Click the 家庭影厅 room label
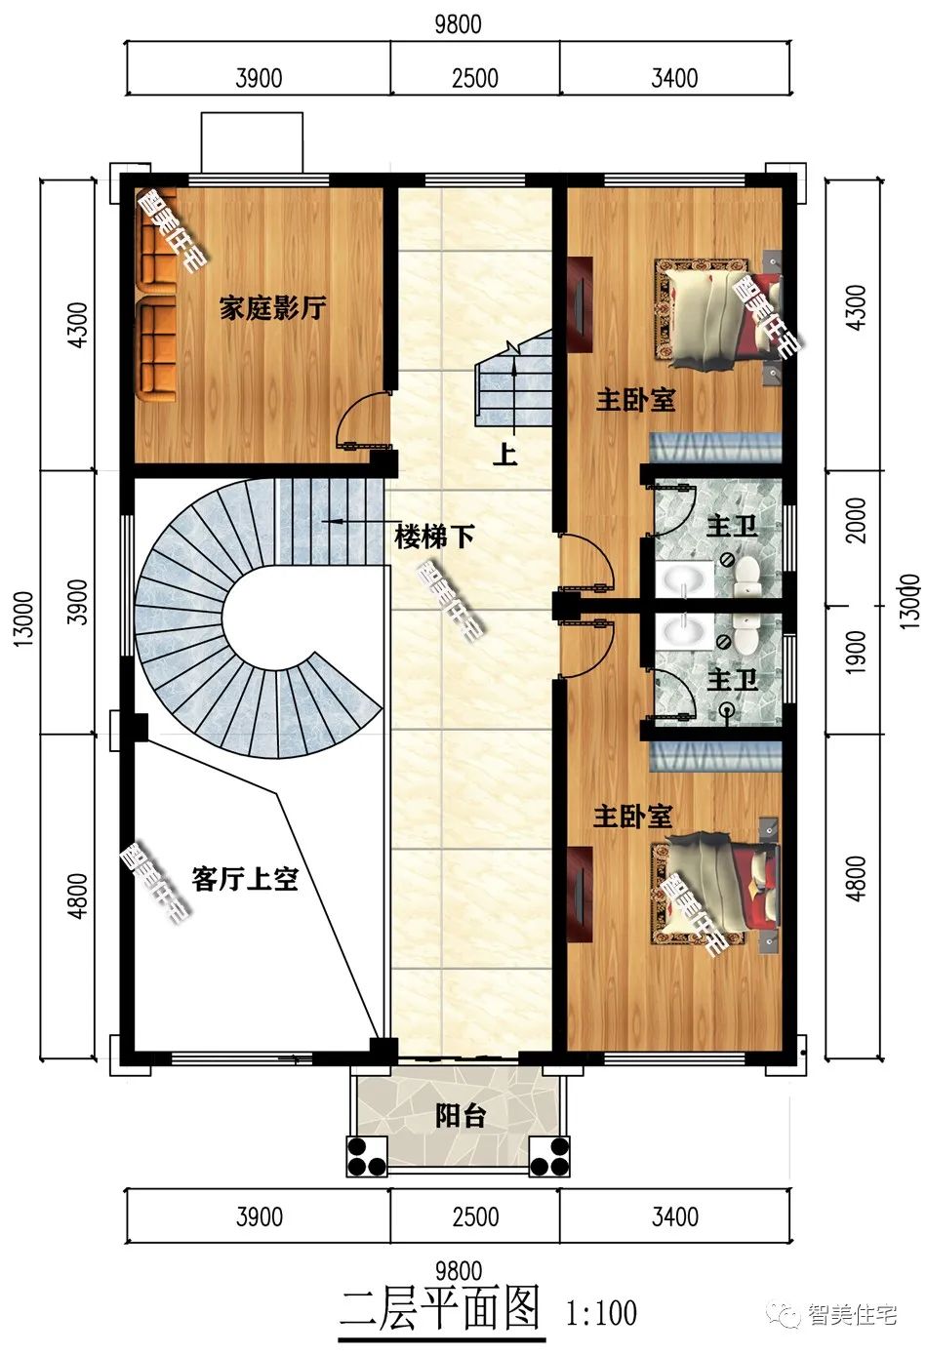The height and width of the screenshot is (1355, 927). coord(272,309)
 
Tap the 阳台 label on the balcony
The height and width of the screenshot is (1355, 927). coord(460,1116)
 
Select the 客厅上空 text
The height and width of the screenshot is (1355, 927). coord(244,879)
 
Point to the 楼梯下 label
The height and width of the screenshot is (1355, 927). coord(434,536)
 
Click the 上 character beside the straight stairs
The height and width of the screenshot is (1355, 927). coord(504,454)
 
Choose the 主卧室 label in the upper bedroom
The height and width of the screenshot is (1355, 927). coord(635,400)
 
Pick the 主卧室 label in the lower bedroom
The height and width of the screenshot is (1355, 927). coord(633,816)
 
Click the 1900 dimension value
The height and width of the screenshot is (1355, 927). coord(856,653)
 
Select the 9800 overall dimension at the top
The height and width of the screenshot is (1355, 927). coord(458,23)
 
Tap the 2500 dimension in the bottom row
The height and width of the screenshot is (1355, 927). coord(475,1216)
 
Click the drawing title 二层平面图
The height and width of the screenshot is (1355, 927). coord(440,1308)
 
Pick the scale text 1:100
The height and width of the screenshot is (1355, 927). coord(601,1312)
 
